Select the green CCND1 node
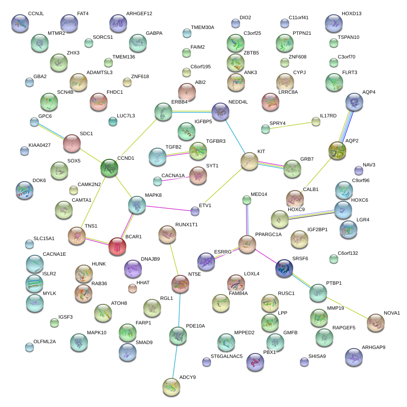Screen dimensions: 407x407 tap(109, 168)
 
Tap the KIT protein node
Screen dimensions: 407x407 tap(249, 162)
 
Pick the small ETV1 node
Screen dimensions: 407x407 tap(195, 210)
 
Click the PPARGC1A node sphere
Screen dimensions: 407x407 tap(247, 244)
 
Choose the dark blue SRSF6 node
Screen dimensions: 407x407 tap(284, 267)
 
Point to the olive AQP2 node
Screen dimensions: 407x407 tap(337, 151)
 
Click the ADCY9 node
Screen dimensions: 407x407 tap(171, 386)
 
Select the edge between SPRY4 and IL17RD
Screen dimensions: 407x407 tap(291, 125)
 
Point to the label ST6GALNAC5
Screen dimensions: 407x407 tap(226, 356)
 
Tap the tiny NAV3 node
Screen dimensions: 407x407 tap(358, 170)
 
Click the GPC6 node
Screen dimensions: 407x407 tap(34, 122)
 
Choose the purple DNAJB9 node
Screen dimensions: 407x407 tap(133, 269)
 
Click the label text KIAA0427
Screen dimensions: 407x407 tap(39, 145)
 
